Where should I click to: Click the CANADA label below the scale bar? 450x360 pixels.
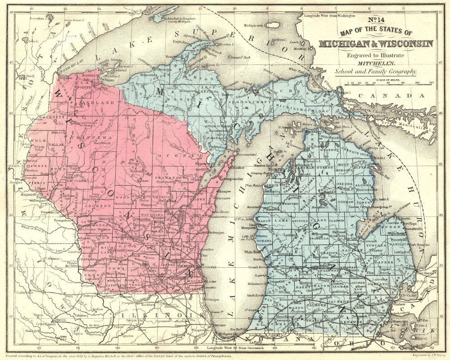click(x=396, y=96)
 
